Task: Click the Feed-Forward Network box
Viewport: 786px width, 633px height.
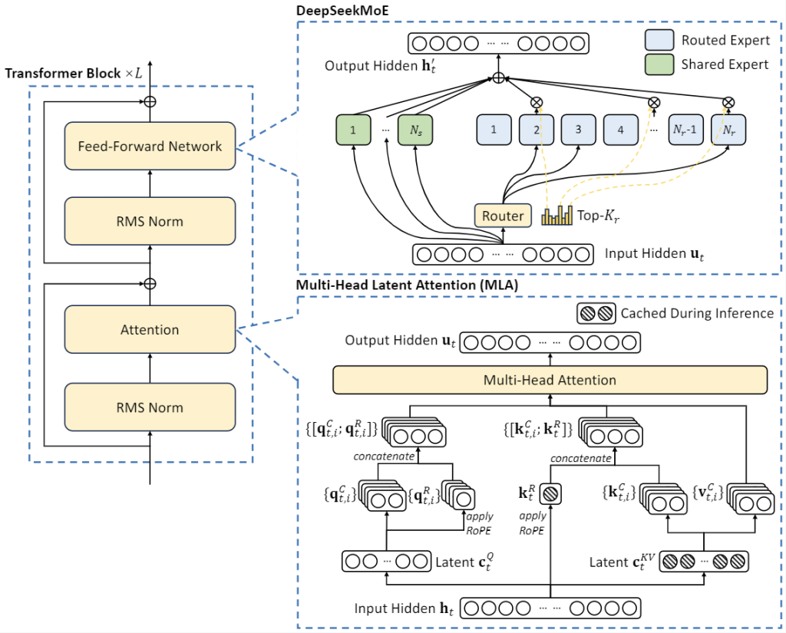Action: click(x=150, y=146)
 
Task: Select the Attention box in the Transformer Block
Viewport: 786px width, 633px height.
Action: click(x=150, y=330)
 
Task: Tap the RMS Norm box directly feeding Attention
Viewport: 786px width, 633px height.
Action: click(x=150, y=407)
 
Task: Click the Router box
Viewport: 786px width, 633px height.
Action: click(x=503, y=216)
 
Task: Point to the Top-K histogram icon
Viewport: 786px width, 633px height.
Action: click(x=557, y=216)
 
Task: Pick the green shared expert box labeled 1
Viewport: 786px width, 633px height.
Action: click(x=353, y=130)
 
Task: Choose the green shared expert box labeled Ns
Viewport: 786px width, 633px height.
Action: click(x=415, y=130)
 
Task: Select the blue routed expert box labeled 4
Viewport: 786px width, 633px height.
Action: click(x=621, y=130)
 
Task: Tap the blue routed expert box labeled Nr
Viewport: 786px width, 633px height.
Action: click(x=728, y=130)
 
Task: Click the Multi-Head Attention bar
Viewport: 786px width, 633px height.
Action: click(x=550, y=380)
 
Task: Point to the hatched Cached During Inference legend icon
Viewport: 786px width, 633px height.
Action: click(x=596, y=313)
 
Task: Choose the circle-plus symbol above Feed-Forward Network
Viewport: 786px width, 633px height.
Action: click(x=150, y=101)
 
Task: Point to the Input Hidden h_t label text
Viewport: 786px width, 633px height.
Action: click(x=405, y=608)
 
